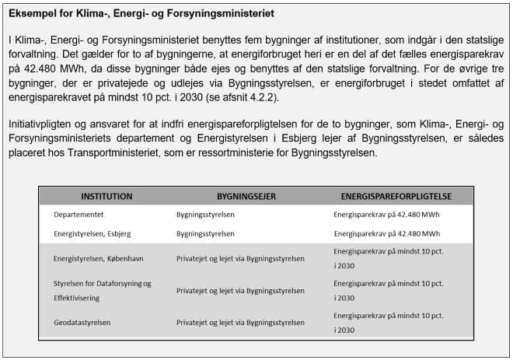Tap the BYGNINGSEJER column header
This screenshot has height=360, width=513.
[234, 196]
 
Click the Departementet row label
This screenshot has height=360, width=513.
[80, 212]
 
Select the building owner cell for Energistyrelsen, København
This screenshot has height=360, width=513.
[240, 258]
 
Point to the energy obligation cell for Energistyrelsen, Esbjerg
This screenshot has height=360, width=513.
[387, 232]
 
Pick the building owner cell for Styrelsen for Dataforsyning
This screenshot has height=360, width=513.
[240, 291]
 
